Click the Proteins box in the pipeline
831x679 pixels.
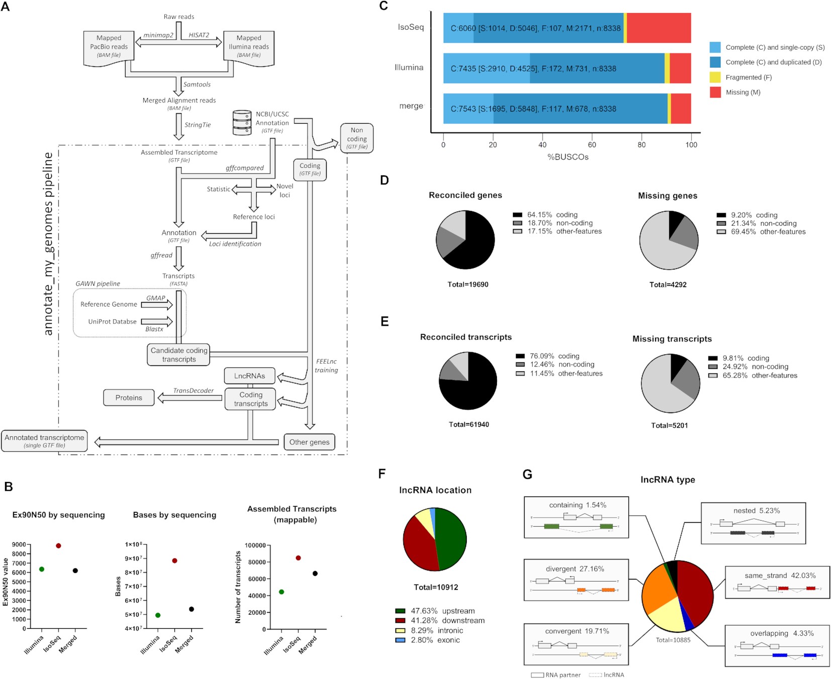click(x=129, y=398)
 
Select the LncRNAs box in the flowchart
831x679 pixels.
click(x=249, y=376)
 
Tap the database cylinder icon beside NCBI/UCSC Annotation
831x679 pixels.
click(x=242, y=123)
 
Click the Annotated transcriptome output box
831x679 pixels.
click(x=44, y=441)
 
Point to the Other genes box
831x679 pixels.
click(x=309, y=442)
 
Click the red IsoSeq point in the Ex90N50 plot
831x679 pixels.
click(x=58, y=546)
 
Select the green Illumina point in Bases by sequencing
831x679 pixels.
click(x=158, y=615)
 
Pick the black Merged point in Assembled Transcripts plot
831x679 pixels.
click(x=315, y=573)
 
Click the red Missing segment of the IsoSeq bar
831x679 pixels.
click(x=658, y=28)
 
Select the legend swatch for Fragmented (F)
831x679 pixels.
click(x=715, y=77)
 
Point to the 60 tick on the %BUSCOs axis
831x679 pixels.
click(x=592, y=145)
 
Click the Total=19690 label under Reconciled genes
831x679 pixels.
click(x=468, y=284)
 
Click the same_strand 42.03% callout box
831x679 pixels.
click(x=777, y=582)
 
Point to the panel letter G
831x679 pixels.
click(x=527, y=474)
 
